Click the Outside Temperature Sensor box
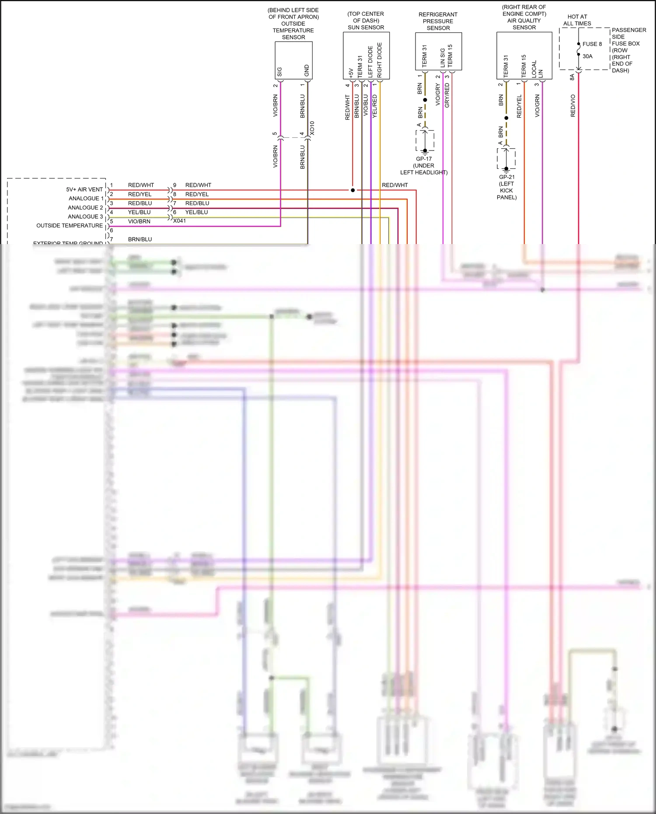(293, 60)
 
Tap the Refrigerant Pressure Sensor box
(438, 51)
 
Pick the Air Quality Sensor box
(524, 55)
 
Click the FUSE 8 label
(592, 44)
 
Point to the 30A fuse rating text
(587, 56)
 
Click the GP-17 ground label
(424, 159)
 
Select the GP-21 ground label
(507, 177)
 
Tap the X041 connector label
(179, 221)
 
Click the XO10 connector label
(312, 128)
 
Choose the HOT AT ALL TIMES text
(577, 20)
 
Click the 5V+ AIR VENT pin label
(84, 189)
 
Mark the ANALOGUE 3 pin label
(85, 217)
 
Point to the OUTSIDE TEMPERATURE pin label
(70, 225)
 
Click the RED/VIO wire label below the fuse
(573, 105)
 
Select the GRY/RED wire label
(447, 95)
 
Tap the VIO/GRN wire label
(537, 105)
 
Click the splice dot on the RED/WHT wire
(352, 190)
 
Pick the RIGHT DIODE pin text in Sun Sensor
(380, 60)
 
